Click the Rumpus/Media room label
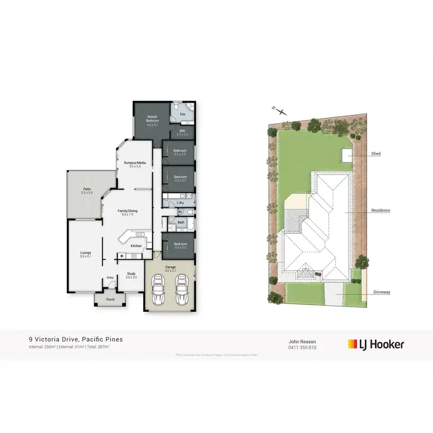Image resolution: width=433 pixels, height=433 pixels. pyautogui.click(x=135, y=164)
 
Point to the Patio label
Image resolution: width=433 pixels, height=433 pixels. pyautogui.click(x=87, y=190)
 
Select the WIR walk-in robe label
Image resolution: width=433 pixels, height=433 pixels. pyautogui.click(x=182, y=132)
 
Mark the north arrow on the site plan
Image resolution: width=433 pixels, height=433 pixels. pyautogui.click(x=279, y=111)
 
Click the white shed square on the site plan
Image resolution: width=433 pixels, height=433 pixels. pyautogui.click(x=346, y=155)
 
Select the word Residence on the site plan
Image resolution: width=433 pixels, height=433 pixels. pyautogui.click(x=380, y=211)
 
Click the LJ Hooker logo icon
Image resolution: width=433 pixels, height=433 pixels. pyautogui.click(x=352, y=344)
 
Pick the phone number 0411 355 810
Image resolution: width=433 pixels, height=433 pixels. pyautogui.click(x=303, y=348)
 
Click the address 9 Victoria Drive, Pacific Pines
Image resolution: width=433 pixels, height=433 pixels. pyautogui.click(x=76, y=339)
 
